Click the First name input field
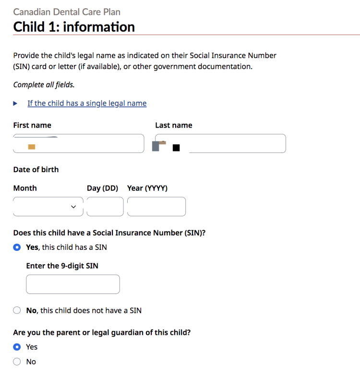point(78,144)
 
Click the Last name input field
point(237,144)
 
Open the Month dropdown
point(48,207)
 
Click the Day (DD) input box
point(105,207)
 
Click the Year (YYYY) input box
point(156,207)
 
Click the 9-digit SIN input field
point(73,284)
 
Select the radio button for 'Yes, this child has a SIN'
point(17,247)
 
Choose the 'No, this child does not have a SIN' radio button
point(17,310)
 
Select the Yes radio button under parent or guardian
point(17,347)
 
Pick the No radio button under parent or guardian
point(17,362)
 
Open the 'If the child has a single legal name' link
point(87,103)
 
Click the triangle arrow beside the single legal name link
point(15,103)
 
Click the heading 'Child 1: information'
point(74,27)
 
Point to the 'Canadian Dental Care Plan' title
point(67,12)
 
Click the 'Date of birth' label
point(36,169)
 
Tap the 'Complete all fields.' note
point(44,85)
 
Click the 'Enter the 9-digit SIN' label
point(62,266)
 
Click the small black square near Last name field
point(176,148)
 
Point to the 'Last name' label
point(174,125)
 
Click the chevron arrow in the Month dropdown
point(73,207)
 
